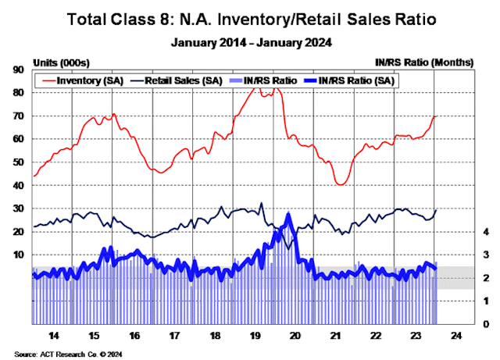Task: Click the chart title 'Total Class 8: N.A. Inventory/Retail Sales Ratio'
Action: pyautogui.click(x=249, y=17)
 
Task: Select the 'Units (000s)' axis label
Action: pyautogui.click(x=56, y=61)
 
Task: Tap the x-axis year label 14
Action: pyautogui.click(x=52, y=335)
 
